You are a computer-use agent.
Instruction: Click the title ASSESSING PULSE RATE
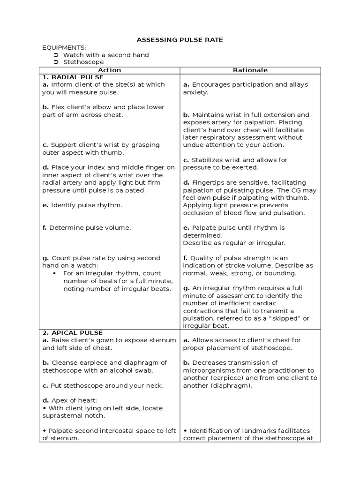pyautogui.click(x=180, y=40)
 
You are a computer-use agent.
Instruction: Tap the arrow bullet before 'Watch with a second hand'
pyautogui.click(x=56, y=55)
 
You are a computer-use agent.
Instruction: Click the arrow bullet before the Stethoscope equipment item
pyautogui.click(x=56, y=62)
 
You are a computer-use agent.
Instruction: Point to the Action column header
pyautogui.click(x=109, y=70)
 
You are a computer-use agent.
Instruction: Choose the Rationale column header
pyautogui.click(x=250, y=70)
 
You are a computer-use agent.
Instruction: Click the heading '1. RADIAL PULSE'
pyautogui.click(x=73, y=77)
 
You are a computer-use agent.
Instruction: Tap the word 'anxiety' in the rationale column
pyautogui.click(x=195, y=92)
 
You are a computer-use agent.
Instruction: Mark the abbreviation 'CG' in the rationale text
pyautogui.click(x=296, y=190)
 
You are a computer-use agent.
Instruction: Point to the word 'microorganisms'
pyautogui.click(x=209, y=370)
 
